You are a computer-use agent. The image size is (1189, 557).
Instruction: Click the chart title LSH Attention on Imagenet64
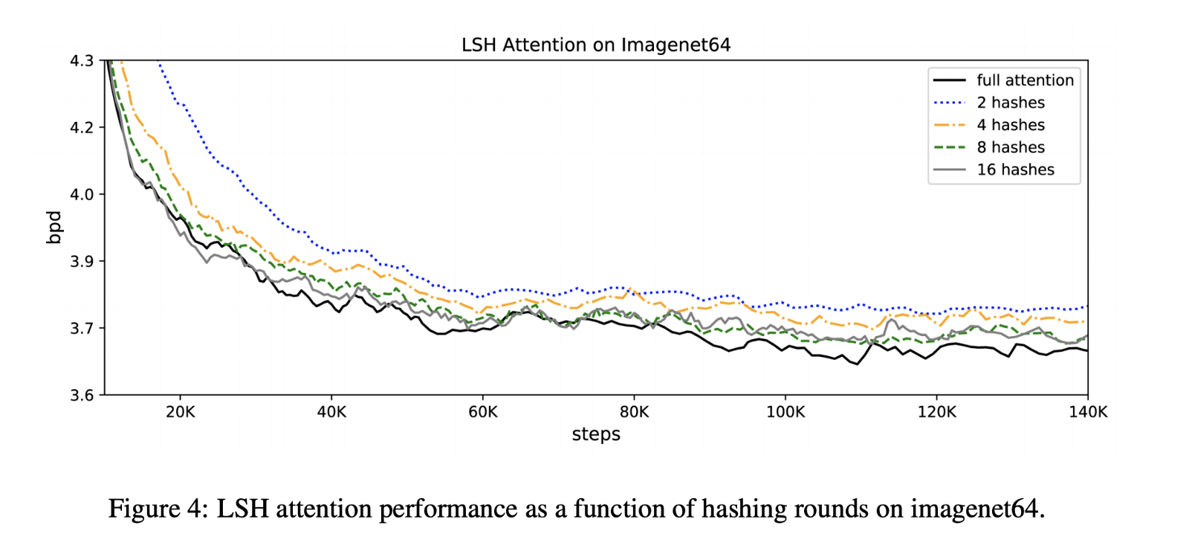(595, 45)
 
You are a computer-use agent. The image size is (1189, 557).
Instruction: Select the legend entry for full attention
(1025, 80)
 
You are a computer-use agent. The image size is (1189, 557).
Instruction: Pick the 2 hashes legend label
(1010, 103)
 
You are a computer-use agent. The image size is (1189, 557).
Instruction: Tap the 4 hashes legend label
(1010, 125)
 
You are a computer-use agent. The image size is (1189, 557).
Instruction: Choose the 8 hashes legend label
(1010, 147)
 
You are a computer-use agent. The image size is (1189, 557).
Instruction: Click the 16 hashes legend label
(1015, 170)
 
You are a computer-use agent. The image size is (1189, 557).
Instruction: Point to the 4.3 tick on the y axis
(82, 61)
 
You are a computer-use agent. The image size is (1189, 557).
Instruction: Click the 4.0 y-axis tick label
(82, 195)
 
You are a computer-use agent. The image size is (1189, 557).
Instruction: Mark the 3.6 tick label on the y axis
(82, 396)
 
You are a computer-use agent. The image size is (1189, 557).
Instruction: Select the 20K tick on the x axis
(181, 412)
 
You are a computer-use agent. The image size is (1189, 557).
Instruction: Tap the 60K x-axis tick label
(483, 412)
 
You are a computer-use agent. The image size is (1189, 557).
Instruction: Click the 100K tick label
(785, 412)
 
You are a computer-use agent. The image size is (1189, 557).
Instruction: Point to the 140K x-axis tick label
(1088, 412)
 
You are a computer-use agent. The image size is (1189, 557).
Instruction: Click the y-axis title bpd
(54, 228)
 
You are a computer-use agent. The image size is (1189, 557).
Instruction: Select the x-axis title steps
(596, 434)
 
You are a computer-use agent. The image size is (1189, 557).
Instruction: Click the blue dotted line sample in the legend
(950, 103)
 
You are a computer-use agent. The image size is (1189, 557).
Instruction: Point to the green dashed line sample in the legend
(950, 147)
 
